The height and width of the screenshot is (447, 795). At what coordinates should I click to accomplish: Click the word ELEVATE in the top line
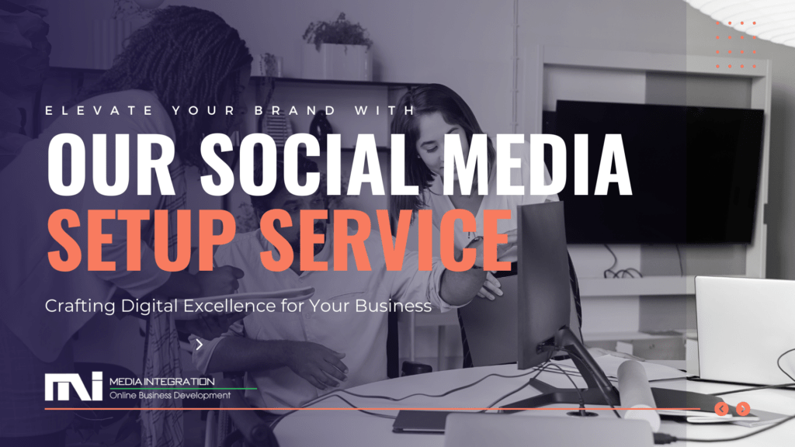coord(99,110)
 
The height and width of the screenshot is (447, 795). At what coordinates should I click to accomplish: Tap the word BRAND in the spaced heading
coord(295,110)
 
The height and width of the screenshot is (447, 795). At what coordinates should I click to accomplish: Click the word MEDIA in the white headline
coord(537,165)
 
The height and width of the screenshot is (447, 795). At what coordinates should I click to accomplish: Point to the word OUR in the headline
coord(111,165)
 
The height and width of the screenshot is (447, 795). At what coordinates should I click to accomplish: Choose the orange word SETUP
coord(141,240)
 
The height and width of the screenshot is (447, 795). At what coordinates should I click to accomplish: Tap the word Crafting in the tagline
coord(80,307)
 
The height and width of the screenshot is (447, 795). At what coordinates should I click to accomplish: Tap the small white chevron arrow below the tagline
coord(200,345)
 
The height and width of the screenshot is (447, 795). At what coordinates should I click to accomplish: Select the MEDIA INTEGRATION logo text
coord(162,381)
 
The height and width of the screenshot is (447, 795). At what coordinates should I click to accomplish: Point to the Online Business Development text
coord(170,395)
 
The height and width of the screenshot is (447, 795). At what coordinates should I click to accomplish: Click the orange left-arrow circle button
coord(721,408)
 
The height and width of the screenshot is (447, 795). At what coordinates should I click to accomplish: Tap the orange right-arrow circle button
coord(743,408)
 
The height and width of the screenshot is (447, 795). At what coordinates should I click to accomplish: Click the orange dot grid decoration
coord(736,44)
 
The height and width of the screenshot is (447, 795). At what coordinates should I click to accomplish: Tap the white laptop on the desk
coord(745,329)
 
